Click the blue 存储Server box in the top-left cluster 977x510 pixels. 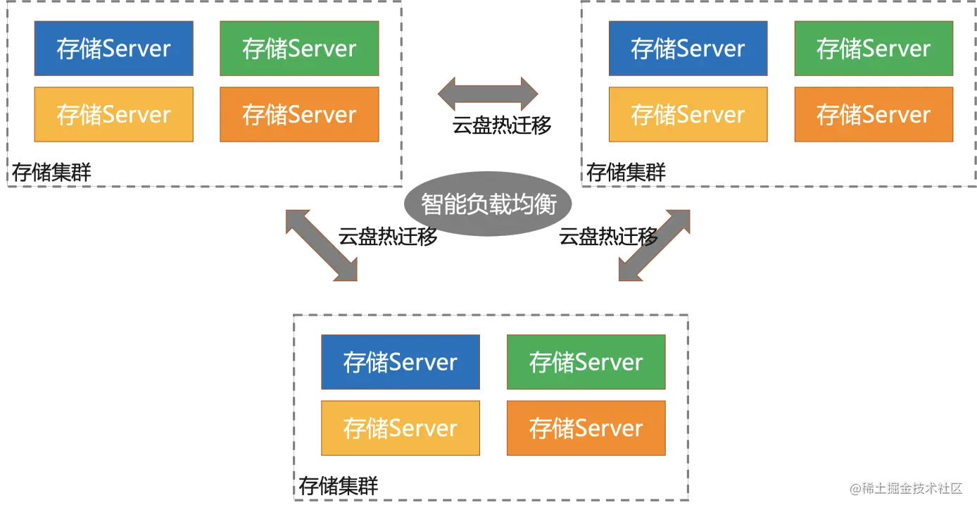(x=113, y=49)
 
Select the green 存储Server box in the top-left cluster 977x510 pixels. (x=299, y=49)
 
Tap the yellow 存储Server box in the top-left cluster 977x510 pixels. (x=113, y=114)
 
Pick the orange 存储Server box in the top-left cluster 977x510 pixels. (x=299, y=114)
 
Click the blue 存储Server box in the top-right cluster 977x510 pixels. (x=688, y=49)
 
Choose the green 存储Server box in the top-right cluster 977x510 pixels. (x=874, y=49)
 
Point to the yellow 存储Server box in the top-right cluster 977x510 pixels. (x=688, y=114)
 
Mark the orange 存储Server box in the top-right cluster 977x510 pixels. (x=874, y=114)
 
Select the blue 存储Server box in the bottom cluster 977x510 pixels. (x=400, y=362)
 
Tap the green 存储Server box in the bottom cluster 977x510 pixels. (x=586, y=362)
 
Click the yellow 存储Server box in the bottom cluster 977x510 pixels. (x=400, y=428)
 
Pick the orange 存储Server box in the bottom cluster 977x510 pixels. (x=586, y=428)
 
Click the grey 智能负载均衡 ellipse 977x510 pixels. (x=488, y=204)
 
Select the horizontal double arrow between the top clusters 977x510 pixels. (x=488, y=94)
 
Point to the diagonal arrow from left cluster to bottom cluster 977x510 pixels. (x=321, y=244)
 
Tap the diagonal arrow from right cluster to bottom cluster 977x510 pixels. (x=654, y=244)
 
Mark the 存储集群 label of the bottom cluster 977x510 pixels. (x=339, y=486)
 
